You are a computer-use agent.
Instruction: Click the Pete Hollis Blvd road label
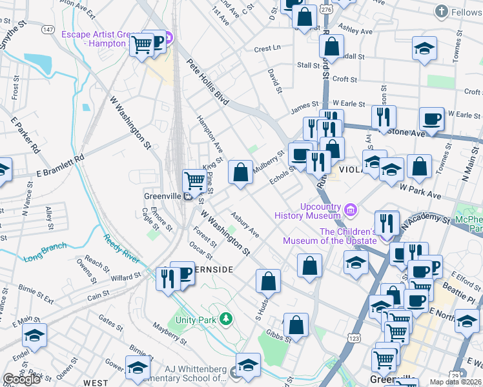(208, 83)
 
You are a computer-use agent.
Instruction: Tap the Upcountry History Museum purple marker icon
(351, 209)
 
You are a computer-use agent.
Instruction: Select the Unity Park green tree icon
(225, 318)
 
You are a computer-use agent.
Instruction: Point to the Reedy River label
(121, 248)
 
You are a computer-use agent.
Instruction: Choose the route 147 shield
(48, 30)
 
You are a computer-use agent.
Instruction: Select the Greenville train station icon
(187, 197)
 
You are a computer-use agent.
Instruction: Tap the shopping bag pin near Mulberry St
(240, 172)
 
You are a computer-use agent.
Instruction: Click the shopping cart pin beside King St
(194, 180)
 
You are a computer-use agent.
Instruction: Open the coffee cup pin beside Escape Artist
(156, 41)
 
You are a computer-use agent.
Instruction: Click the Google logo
(21, 379)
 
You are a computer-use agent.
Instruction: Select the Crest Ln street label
(267, 48)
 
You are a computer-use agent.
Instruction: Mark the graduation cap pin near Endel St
(34, 334)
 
